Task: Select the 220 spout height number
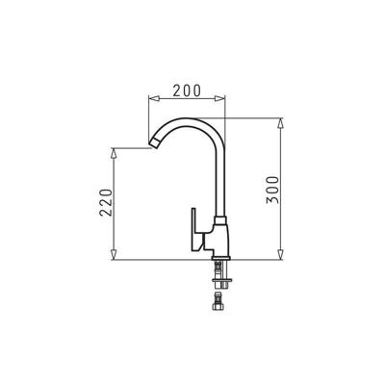(x=107, y=204)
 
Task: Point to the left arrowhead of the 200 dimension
(x=151, y=98)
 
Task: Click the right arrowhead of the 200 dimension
(x=223, y=98)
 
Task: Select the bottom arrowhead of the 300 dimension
(x=282, y=258)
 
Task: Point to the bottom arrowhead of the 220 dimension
(x=116, y=258)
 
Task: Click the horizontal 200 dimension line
(x=168, y=98)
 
